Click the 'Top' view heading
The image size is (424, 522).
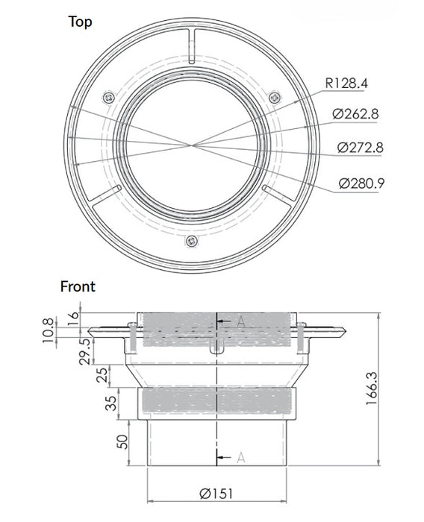[80, 22]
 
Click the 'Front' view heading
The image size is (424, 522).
[78, 286]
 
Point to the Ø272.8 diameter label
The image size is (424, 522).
[360, 147]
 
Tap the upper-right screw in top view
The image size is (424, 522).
[275, 96]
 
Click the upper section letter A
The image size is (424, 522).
[240, 321]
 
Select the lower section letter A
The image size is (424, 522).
[240, 458]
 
